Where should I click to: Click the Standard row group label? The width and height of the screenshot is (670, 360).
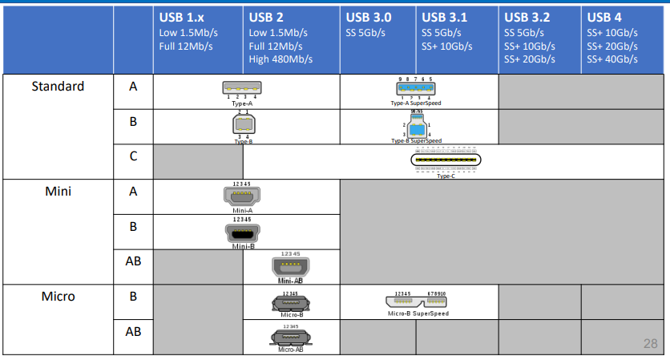(58, 86)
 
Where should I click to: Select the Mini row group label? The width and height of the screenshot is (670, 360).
(58, 192)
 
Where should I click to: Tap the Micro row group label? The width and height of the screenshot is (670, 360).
(58, 297)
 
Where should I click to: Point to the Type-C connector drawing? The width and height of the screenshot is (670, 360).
(446, 160)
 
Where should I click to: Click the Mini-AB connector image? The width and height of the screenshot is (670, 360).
(290, 267)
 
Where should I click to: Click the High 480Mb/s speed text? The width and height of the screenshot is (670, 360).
(281, 59)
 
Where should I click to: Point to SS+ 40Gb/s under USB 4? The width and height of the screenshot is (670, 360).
(612, 59)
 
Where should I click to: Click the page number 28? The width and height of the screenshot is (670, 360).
(650, 344)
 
